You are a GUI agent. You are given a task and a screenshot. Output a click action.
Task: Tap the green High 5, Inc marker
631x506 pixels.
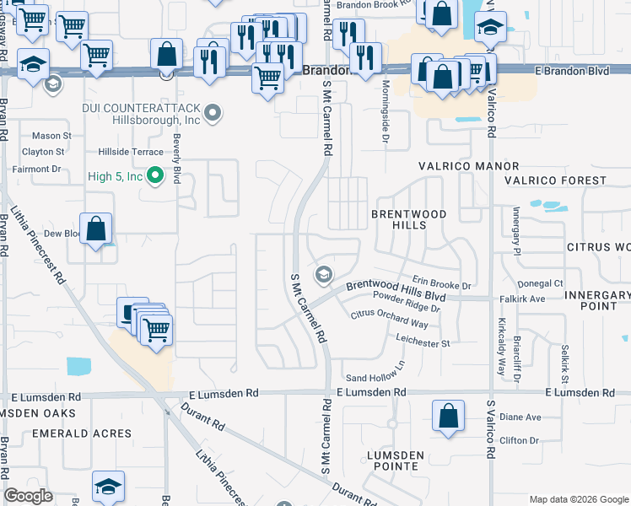pyautogui.click(x=154, y=176)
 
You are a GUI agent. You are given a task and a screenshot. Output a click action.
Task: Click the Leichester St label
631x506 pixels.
pyautogui.click(x=423, y=343)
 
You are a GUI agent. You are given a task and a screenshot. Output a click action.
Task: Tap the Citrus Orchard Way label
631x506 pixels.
pyautogui.click(x=389, y=320)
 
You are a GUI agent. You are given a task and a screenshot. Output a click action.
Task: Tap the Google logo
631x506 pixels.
pyautogui.click(x=29, y=496)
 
